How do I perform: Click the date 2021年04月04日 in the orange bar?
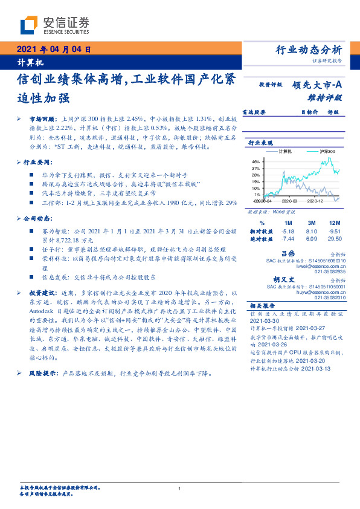tap(54, 50)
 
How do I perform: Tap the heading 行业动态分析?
tap(309, 50)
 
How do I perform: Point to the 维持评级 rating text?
tap(325, 97)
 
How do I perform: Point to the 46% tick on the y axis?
tap(256, 161)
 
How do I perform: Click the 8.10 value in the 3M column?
tap(312, 230)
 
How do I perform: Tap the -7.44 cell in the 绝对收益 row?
tap(288, 238)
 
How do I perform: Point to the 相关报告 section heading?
tap(262, 306)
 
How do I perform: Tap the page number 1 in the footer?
tap(180, 488)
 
